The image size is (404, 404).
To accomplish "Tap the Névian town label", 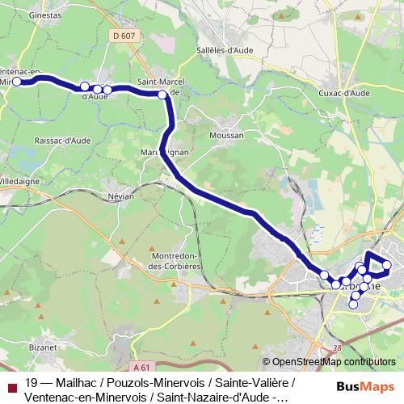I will tap(120, 196).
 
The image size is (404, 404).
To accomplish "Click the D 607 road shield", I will tap(120, 36).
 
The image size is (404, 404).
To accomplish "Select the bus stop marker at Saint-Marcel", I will tap(163, 95).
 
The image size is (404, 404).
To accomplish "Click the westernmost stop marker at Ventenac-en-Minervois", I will tap(17, 81).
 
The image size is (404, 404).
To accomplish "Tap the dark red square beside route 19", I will tap(11, 384).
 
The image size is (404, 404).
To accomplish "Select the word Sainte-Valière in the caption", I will tap(252, 383).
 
